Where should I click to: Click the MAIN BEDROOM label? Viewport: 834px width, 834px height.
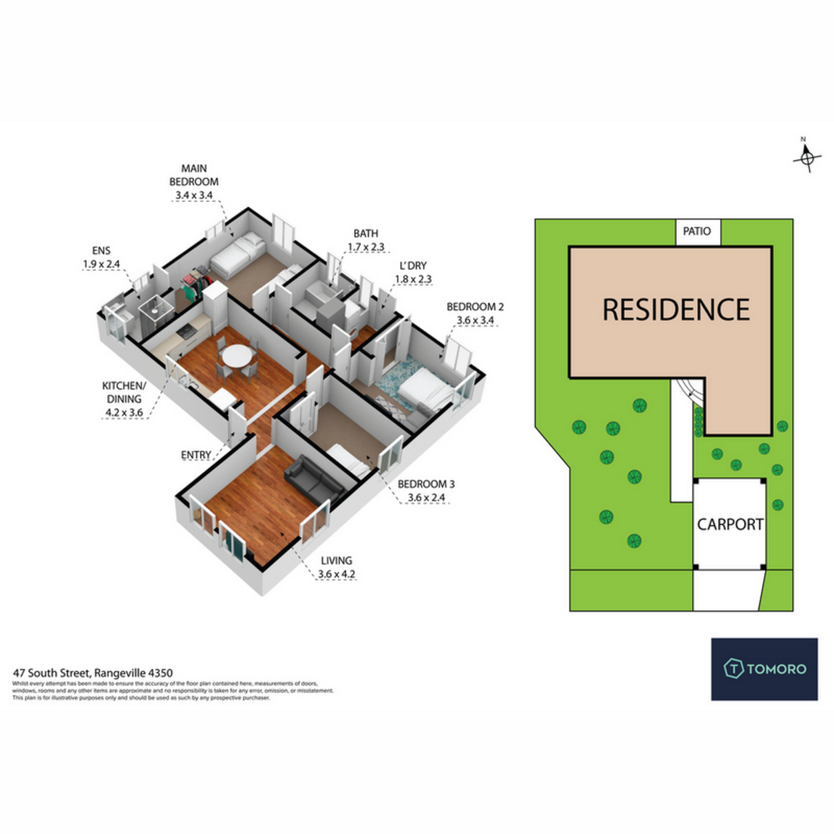pyautogui.click(x=194, y=174)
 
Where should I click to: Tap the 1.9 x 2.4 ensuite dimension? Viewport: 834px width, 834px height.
pyautogui.click(x=101, y=264)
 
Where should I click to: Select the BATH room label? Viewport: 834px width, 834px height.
pyautogui.click(x=366, y=234)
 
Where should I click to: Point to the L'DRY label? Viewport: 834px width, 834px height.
pyautogui.click(x=412, y=265)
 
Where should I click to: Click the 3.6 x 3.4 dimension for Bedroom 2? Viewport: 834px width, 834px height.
pyautogui.click(x=475, y=320)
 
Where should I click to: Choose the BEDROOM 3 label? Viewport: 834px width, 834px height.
pyautogui.click(x=426, y=484)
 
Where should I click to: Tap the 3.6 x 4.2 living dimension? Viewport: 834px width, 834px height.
pyautogui.click(x=336, y=574)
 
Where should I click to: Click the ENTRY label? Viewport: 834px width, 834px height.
pyautogui.click(x=196, y=455)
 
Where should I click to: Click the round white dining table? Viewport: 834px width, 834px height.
pyautogui.click(x=237, y=355)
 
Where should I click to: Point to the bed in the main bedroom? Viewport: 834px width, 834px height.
pyautogui.click(x=238, y=255)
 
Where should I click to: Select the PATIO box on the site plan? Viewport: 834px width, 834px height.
pyautogui.click(x=697, y=231)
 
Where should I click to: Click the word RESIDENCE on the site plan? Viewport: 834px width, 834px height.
pyautogui.click(x=676, y=310)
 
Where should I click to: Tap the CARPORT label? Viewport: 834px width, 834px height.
pyautogui.click(x=730, y=524)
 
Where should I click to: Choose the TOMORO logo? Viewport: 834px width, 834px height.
pyautogui.click(x=764, y=669)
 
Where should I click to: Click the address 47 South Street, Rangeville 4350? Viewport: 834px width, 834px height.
pyautogui.click(x=93, y=673)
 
